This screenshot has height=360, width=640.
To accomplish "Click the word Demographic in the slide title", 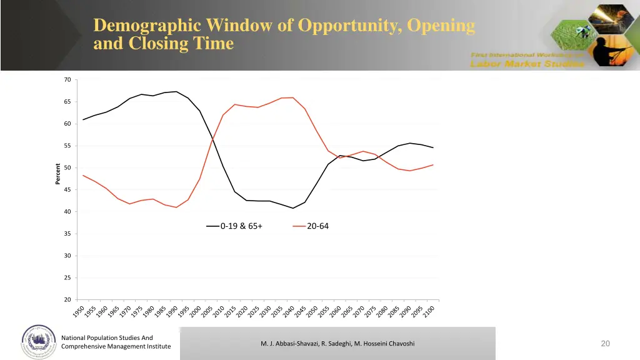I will [147, 26].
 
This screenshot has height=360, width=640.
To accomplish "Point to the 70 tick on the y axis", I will [67, 80].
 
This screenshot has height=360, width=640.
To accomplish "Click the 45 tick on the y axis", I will [67, 190].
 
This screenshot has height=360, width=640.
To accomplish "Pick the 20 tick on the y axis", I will [67, 300].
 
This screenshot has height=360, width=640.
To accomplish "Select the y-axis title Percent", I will [58, 174].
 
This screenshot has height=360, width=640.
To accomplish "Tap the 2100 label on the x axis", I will [429, 311].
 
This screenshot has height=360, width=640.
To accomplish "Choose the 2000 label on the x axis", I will [196, 311].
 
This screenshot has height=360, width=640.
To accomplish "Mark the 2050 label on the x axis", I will [312, 311].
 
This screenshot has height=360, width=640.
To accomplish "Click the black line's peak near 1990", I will [177, 92].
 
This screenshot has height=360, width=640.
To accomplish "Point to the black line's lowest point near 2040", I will [293, 208].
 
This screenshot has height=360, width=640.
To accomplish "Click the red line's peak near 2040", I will [293, 97].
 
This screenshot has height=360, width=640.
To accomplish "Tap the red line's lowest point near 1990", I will [177, 207].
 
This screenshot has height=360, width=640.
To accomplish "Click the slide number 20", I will [605, 343].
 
